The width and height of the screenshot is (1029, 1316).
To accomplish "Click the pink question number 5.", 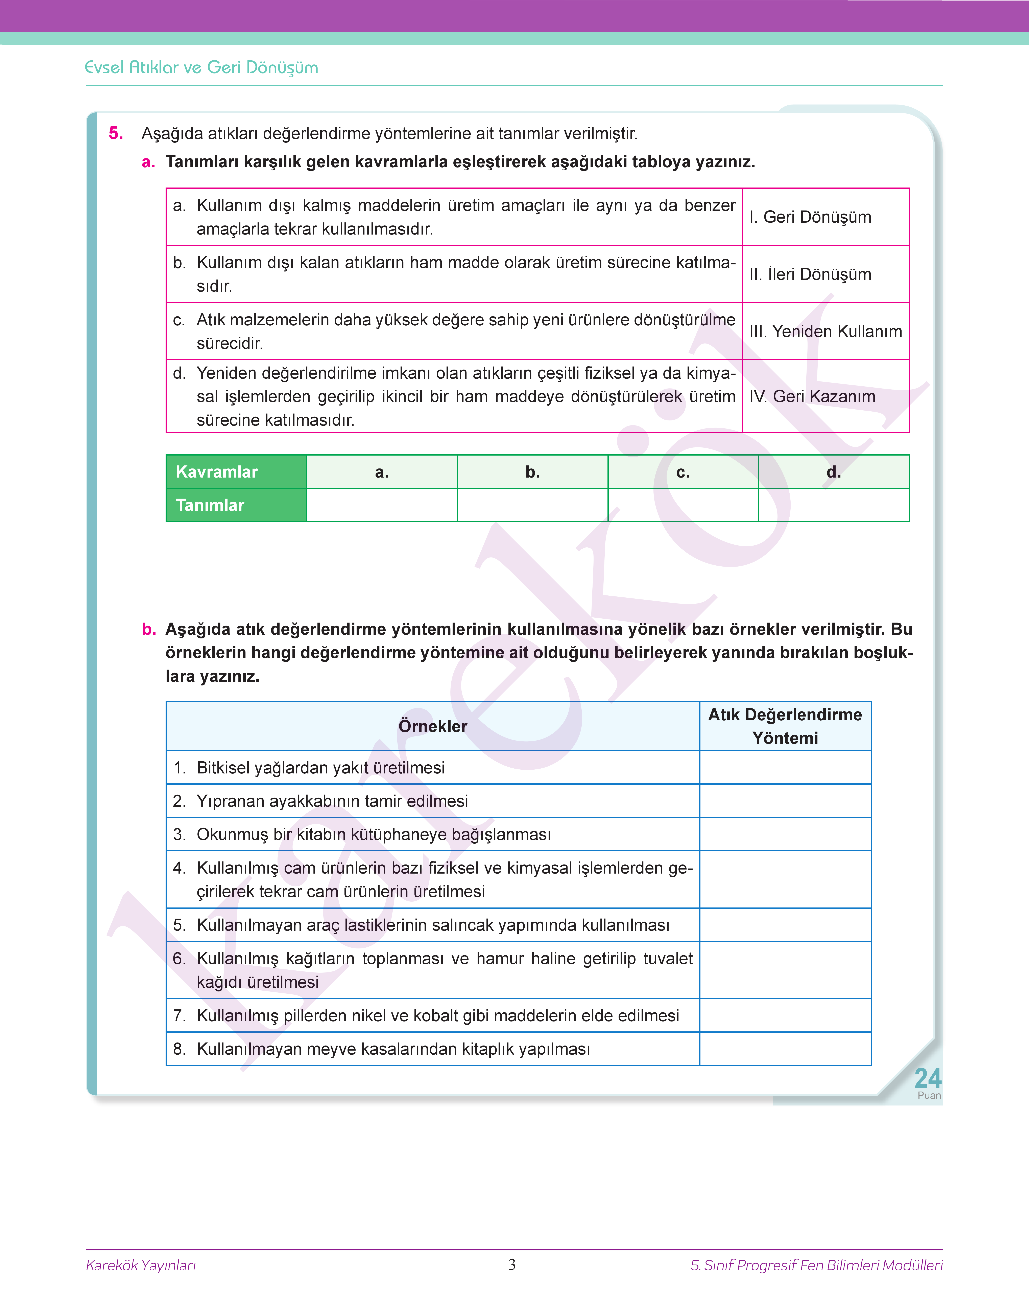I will coord(116,133).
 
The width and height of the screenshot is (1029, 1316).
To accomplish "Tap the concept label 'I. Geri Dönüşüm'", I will coord(810,217).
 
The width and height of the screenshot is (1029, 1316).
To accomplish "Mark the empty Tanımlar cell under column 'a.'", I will coord(382,505).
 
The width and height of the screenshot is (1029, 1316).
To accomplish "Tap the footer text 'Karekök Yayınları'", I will coord(141,1265).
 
